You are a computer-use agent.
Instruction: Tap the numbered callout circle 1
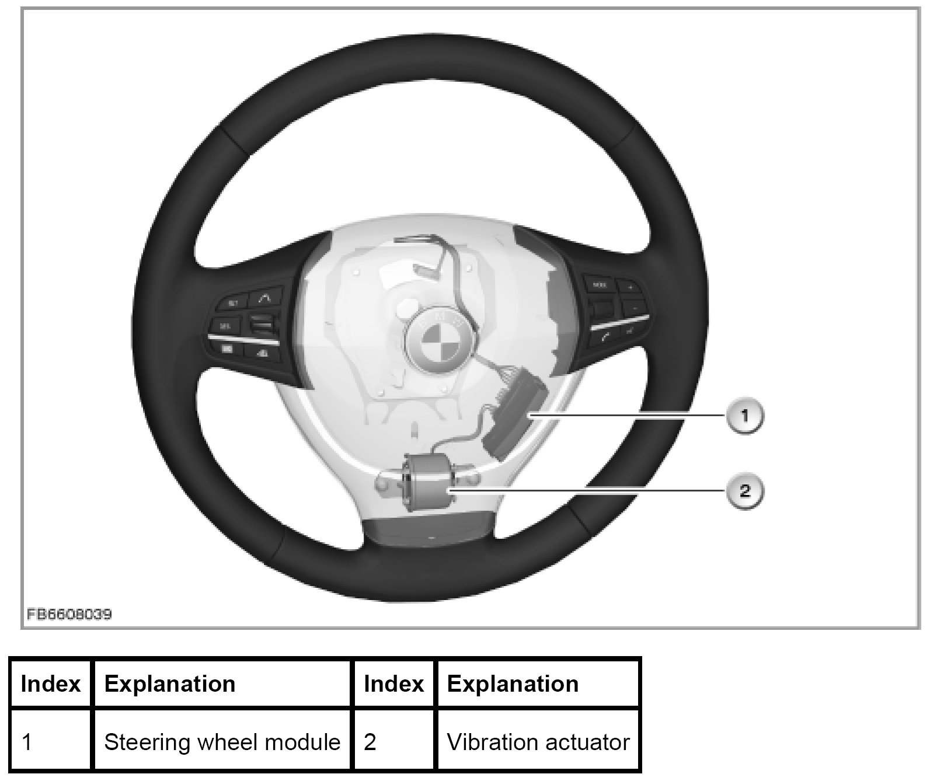click(x=745, y=416)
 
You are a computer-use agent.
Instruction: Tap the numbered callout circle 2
click(x=745, y=490)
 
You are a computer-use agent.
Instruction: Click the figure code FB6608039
click(x=68, y=615)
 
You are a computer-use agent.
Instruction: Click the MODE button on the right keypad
click(x=600, y=285)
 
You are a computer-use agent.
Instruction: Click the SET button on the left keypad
click(x=232, y=303)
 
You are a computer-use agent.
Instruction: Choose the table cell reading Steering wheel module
click(x=222, y=742)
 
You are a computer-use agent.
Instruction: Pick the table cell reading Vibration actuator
click(x=538, y=742)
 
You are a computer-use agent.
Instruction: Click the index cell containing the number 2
click(x=394, y=742)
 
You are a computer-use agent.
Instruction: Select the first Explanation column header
click(x=222, y=684)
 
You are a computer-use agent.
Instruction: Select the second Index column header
click(x=394, y=684)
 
